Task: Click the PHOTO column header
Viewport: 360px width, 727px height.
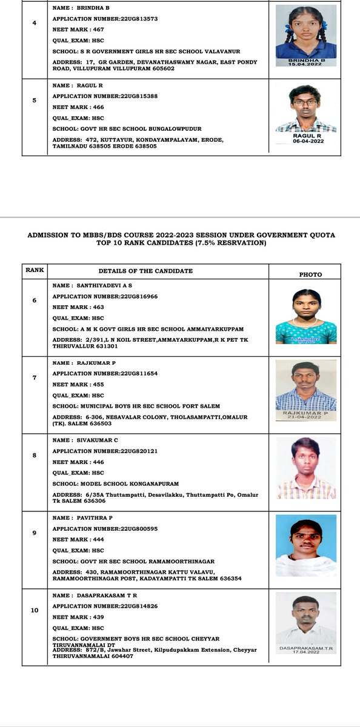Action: [x=310, y=274]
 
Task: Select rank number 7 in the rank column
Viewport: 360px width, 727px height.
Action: [x=35, y=377]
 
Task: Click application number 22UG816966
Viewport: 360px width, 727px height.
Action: [x=105, y=296]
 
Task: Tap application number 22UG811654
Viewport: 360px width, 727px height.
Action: [x=105, y=373]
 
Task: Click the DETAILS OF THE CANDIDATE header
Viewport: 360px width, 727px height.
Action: [x=145, y=271]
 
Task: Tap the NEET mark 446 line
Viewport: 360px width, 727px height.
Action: [x=78, y=462]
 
